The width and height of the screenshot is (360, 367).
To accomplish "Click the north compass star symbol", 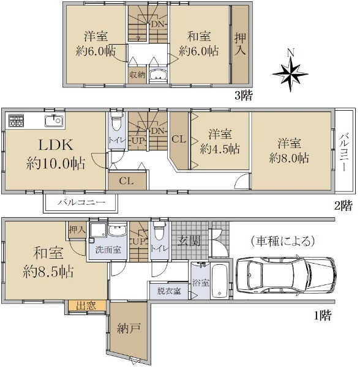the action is (x=290, y=73).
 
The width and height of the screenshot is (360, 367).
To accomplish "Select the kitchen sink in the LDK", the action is (x=54, y=121).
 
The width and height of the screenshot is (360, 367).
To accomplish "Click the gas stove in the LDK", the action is (x=16, y=120).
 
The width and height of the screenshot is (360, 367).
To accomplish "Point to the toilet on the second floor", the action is (x=117, y=121).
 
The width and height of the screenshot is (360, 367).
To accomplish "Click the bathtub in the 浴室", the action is (x=219, y=281).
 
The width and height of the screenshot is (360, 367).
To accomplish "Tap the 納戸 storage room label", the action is (x=129, y=328).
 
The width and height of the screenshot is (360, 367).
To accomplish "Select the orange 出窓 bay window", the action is (x=86, y=306).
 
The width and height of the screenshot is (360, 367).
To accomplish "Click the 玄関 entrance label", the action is (x=189, y=241).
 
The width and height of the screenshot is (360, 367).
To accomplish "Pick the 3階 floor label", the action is (x=244, y=95).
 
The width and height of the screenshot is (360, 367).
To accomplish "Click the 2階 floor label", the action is (x=343, y=206).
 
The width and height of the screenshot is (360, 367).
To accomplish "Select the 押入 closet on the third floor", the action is (x=241, y=44).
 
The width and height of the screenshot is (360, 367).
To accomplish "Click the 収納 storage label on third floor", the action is (x=138, y=75).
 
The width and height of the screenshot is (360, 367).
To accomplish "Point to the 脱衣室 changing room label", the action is (x=168, y=291).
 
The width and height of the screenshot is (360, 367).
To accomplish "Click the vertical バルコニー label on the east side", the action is (x=344, y=152).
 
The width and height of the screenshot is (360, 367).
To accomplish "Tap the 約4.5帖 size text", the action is (x=220, y=149).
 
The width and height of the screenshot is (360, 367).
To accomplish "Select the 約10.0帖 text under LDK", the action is (x=56, y=163).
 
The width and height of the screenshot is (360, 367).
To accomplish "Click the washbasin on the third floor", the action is (x=157, y=75).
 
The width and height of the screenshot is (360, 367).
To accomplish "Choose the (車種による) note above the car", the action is (x=283, y=241).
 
